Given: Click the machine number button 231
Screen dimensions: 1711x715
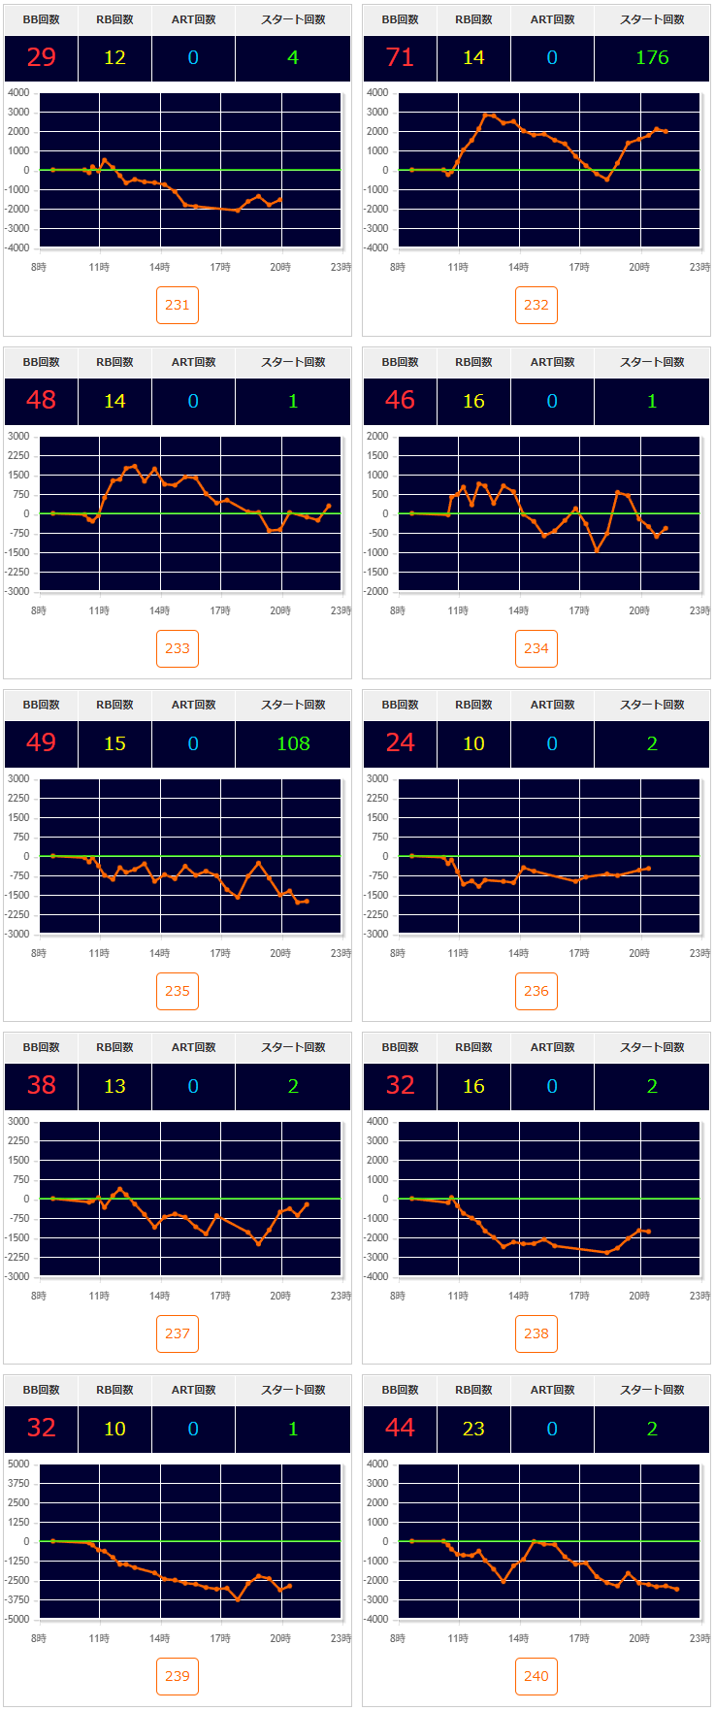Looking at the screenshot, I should pyautogui.click(x=178, y=305).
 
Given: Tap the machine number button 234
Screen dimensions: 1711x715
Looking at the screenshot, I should pyautogui.click(x=536, y=648).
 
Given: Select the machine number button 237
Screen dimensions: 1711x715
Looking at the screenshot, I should pyautogui.click(x=178, y=1333).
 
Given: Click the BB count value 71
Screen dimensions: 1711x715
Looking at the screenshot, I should pyautogui.click(x=400, y=57).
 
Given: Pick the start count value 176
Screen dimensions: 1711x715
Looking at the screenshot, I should pyautogui.click(x=652, y=57).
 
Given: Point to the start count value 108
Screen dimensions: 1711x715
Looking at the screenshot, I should pyautogui.click(x=293, y=743).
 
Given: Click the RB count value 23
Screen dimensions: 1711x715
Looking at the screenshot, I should pyautogui.click(x=473, y=1429).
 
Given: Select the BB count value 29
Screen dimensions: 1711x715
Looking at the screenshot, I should pyautogui.click(x=41, y=57).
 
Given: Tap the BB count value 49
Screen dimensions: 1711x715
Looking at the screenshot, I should pyautogui.click(x=41, y=743).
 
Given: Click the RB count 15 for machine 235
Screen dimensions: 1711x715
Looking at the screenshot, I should pyautogui.click(x=114, y=743).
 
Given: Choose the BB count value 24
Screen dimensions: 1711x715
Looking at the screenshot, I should pyautogui.click(x=400, y=743).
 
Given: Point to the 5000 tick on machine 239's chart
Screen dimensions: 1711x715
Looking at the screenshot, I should pyautogui.click(x=18, y=1464).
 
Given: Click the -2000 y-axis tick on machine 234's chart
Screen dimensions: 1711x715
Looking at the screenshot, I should pyautogui.click(x=376, y=591).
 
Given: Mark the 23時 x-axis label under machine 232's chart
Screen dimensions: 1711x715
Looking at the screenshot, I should pyautogui.click(x=699, y=267).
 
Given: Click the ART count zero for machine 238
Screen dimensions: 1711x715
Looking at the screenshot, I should pyautogui.click(x=552, y=1086).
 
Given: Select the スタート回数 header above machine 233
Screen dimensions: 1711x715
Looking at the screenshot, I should pyautogui.click(x=293, y=362).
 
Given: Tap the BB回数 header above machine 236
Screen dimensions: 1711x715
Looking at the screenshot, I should pyautogui.click(x=400, y=705).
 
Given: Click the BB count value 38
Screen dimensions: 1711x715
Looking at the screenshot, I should pyautogui.click(x=41, y=1086).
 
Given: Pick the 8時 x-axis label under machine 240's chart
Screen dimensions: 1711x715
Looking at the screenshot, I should pyautogui.click(x=398, y=1638).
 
